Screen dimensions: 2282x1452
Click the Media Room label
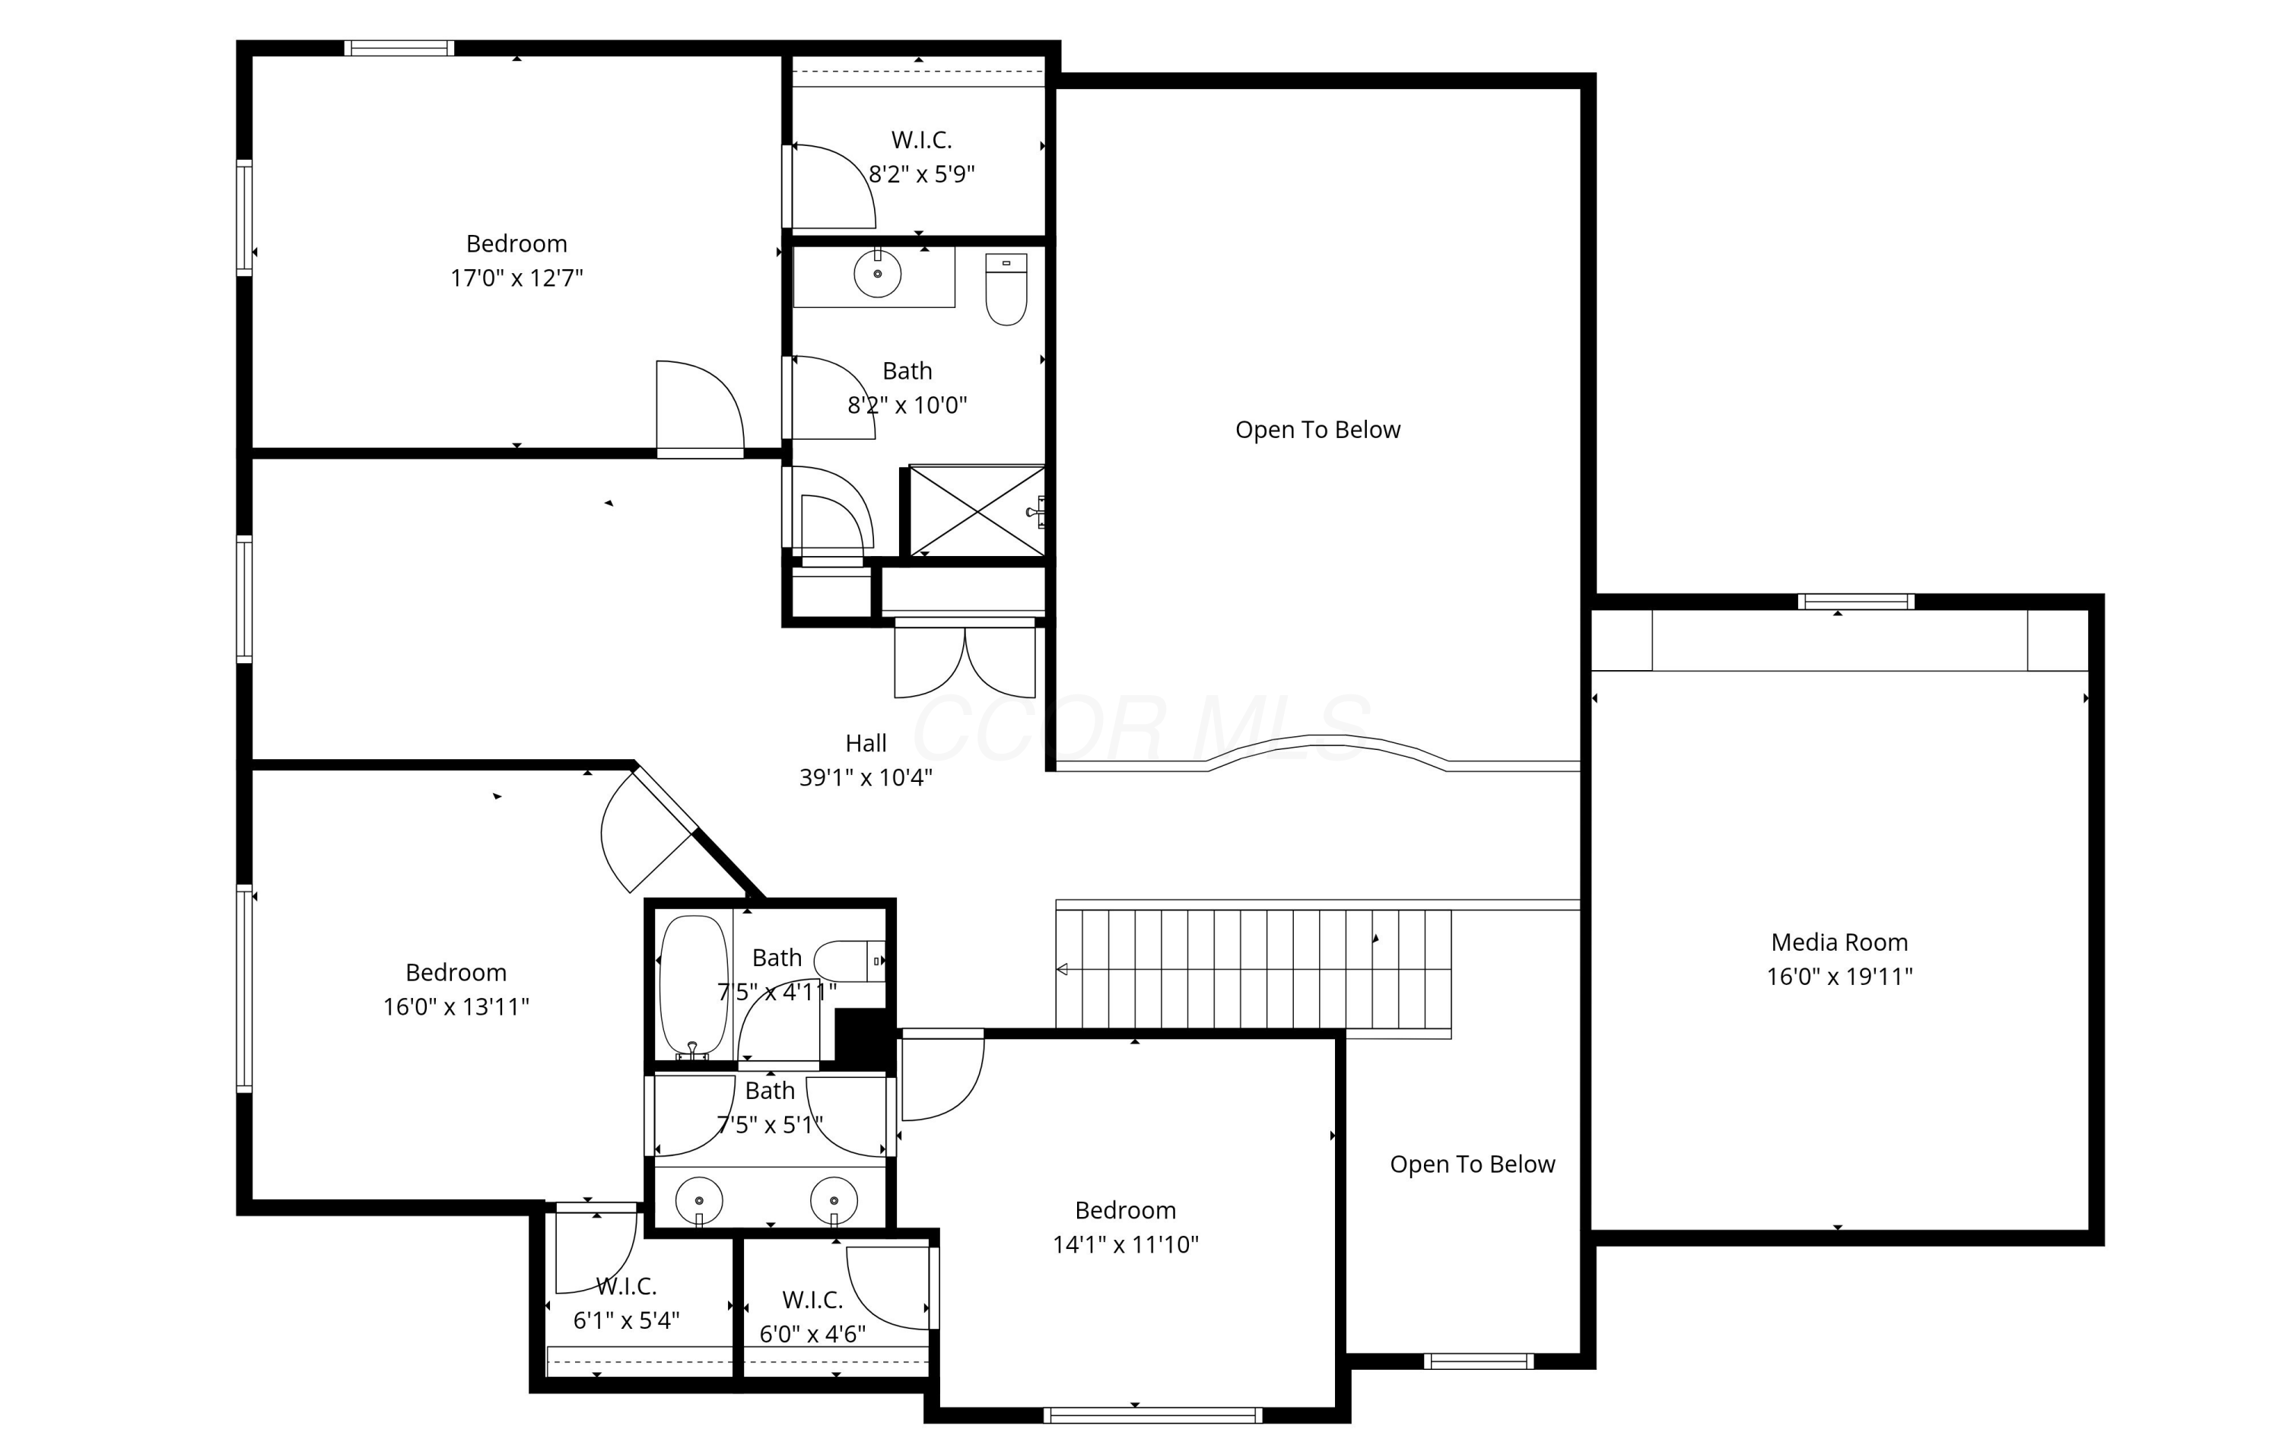(1839, 942)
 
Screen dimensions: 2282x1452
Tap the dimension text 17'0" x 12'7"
(516, 278)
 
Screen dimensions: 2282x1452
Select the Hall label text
(865, 743)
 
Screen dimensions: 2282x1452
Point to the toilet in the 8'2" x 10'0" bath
(1006, 289)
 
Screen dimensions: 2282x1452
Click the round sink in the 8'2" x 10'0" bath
(878, 274)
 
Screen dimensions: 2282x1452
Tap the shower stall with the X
(976, 511)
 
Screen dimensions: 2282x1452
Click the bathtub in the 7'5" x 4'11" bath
(694, 987)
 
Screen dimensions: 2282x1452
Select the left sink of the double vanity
(699, 1201)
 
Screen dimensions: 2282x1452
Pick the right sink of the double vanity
(834, 1201)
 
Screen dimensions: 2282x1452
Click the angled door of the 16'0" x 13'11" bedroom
(647, 831)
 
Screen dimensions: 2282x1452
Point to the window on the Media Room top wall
(1855, 602)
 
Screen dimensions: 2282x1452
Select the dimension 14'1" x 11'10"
(1126, 1244)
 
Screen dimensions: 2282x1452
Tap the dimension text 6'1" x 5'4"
(627, 1320)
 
